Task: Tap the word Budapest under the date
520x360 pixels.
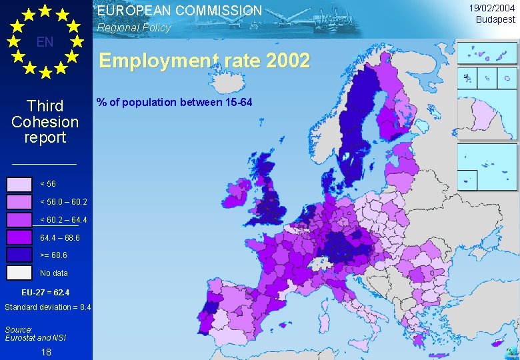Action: click(x=495, y=19)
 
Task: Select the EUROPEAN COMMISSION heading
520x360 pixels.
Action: click(x=179, y=11)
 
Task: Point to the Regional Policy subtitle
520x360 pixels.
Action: click(x=133, y=28)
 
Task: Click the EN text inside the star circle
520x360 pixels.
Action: click(x=45, y=42)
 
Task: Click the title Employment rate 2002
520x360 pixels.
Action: click(x=204, y=61)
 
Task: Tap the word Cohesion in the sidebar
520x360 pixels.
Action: click(x=45, y=122)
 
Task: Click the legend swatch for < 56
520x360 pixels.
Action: click(x=19, y=184)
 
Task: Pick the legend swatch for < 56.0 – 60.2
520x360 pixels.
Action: click(x=19, y=201)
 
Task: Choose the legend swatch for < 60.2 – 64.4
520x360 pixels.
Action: click(x=19, y=219)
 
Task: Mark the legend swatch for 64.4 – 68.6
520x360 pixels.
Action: click(x=19, y=237)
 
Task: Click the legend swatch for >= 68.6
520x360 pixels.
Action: click(x=19, y=255)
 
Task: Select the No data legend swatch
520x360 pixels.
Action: click(x=19, y=273)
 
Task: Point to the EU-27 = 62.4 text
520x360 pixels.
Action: click(x=45, y=293)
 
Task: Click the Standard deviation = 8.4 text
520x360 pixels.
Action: click(x=47, y=307)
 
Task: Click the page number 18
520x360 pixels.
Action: click(x=45, y=351)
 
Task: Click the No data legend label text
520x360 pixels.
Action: click(x=53, y=273)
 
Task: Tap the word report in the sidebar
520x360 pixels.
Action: click(x=45, y=137)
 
